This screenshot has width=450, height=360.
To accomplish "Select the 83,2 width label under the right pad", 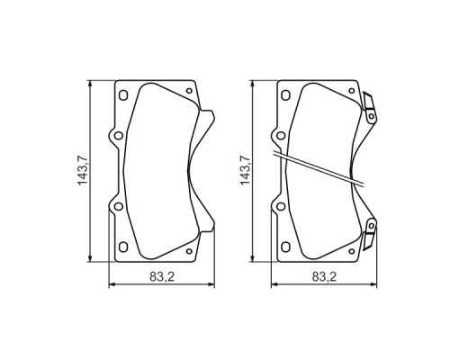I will click(321, 277).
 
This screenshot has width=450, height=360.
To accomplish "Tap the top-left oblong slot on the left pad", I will click(123, 94).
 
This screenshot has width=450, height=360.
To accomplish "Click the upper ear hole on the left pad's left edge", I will click(114, 137).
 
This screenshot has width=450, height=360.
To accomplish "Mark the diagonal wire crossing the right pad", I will click(324, 171).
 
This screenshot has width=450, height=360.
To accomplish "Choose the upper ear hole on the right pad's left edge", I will click(277, 137).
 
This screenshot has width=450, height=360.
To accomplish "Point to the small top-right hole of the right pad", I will click(350, 92).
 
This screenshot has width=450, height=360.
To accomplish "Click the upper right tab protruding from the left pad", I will click(207, 121).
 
